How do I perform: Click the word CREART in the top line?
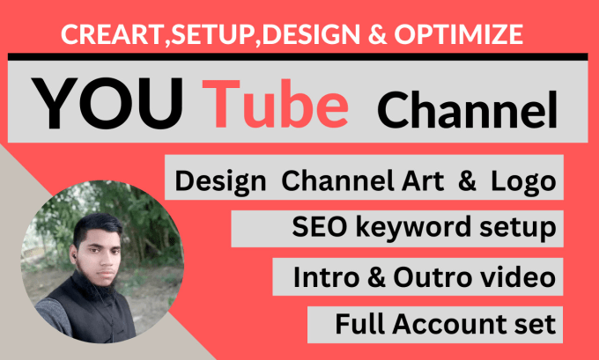point(99,36)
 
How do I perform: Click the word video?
point(521,278)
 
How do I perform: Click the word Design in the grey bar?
point(220,182)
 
